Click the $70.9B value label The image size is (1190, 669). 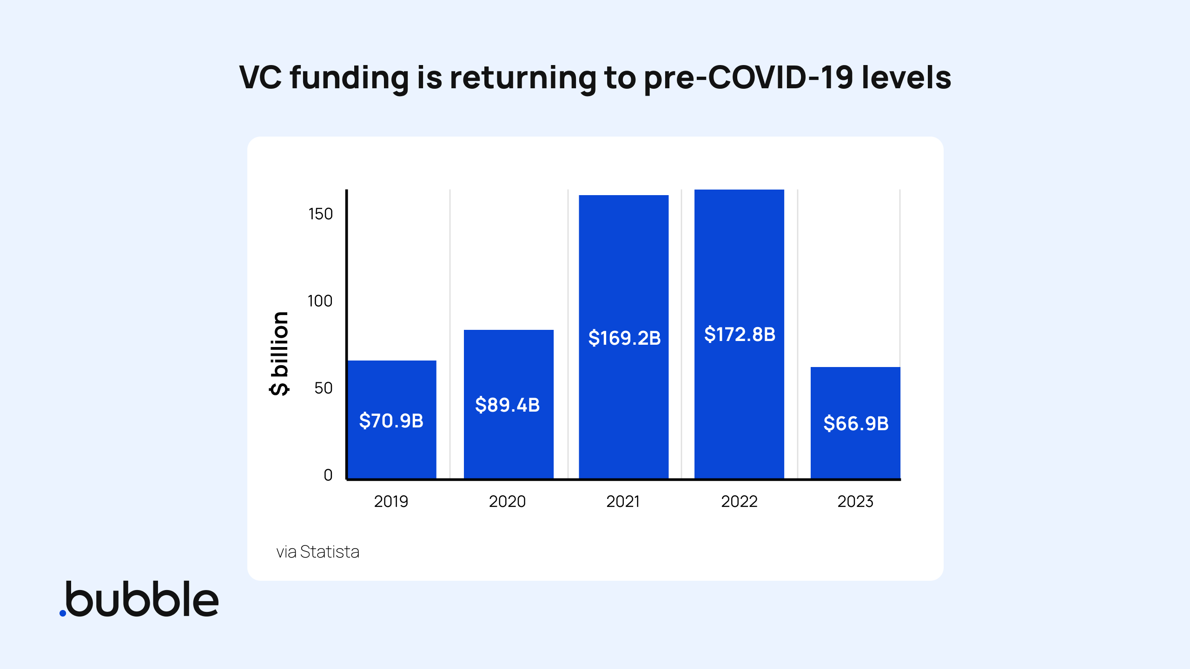391,421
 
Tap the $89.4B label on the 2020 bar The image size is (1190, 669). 507,405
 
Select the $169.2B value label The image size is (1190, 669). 624,338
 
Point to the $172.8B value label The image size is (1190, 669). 740,334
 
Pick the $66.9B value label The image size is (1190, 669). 856,424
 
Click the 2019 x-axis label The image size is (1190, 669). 391,502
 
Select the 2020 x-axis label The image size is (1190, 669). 507,502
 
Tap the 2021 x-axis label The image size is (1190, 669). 623,502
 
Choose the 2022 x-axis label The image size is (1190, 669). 739,502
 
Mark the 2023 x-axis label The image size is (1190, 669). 855,502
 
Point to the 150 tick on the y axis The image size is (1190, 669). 320,214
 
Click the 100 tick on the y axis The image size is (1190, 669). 320,301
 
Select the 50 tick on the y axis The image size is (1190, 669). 323,388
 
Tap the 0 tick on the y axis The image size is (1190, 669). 328,475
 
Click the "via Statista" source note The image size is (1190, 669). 318,552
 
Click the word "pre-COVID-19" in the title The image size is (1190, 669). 748,78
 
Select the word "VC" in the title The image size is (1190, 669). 260,78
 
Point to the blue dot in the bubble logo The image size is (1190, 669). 63,613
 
